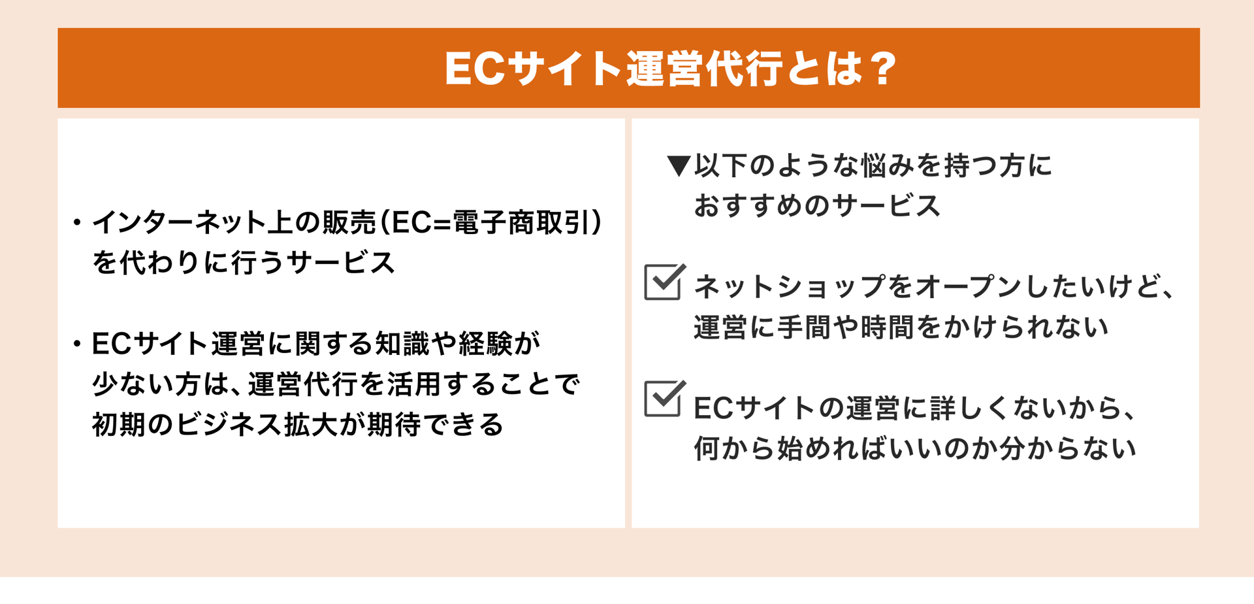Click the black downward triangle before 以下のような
(679, 166)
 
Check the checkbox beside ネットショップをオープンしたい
(664, 282)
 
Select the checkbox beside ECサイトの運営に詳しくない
(664, 399)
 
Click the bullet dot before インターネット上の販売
(77, 224)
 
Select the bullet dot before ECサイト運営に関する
(77, 344)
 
